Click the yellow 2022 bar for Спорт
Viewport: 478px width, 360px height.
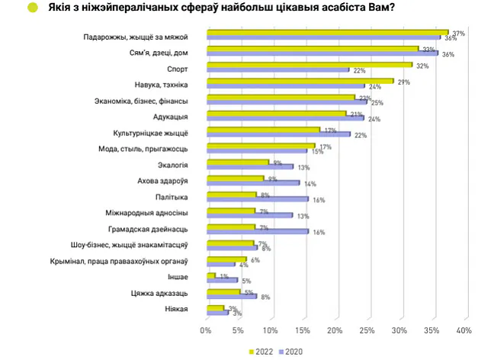pyautogui.click(x=309, y=65)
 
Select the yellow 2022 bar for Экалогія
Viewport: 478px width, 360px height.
pyautogui.click(x=237, y=162)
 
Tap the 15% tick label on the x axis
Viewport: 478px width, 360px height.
pyautogui.click(x=302, y=330)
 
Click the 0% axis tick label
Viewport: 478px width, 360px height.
pyautogui.click(x=205, y=330)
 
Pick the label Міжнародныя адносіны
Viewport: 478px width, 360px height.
pyautogui.click(x=152, y=213)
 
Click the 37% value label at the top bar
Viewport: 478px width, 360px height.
pyautogui.click(x=458, y=34)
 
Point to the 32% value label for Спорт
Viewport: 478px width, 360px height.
pyautogui.click(x=422, y=66)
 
